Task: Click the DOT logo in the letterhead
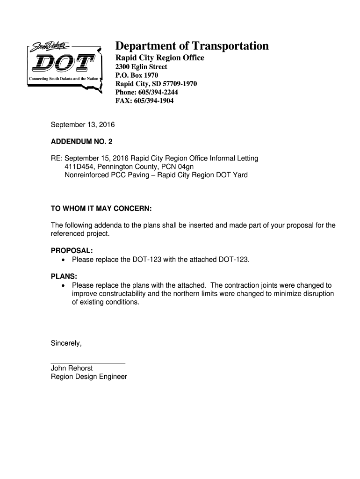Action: pos(65,65)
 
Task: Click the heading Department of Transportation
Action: pos(192,46)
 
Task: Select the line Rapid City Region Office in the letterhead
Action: pos(159,58)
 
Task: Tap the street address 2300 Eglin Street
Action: pos(141,67)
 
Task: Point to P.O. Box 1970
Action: pos(137,75)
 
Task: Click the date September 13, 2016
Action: pos(82,125)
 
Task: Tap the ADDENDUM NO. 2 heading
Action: pos(81,141)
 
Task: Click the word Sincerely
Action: pos(66,343)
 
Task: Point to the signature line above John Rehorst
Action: pos(88,363)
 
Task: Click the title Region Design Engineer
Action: pos(89,376)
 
